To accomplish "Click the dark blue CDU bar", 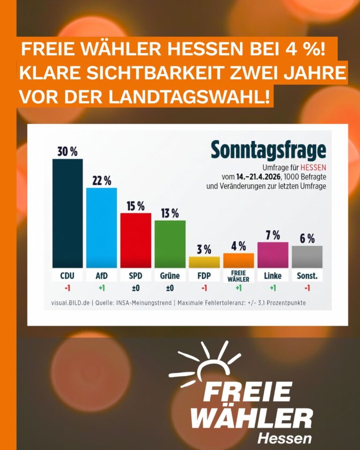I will tap(67, 213).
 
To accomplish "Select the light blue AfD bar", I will tap(102, 227).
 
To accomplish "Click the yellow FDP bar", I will tap(204, 262).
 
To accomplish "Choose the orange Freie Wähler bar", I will tap(239, 261).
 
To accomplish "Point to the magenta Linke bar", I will tap(273, 255).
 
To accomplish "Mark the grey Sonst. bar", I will tap(307, 257).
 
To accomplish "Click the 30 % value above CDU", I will tap(67, 151).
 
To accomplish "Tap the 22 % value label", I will tap(102, 180).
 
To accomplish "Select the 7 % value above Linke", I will tap(273, 235).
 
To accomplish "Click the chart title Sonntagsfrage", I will tap(268, 150).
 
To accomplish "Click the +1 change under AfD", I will tap(102, 288).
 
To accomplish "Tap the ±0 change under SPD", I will tap(136, 288).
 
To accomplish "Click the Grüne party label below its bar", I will tap(170, 276).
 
